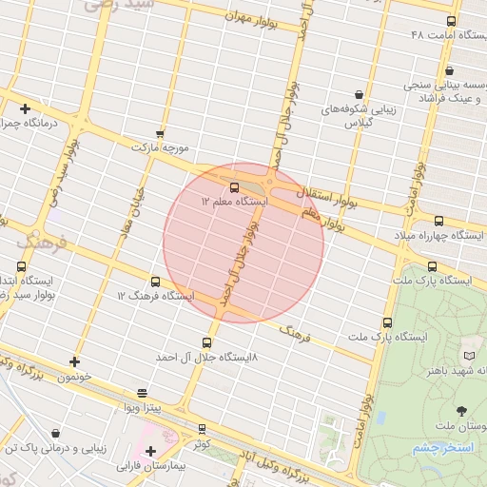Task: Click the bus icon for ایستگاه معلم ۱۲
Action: (x=235, y=187)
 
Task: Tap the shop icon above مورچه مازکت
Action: (x=160, y=134)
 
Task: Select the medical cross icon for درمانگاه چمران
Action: (x=25, y=108)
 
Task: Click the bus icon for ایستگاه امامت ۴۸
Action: (x=451, y=21)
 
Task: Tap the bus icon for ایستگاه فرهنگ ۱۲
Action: (x=155, y=282)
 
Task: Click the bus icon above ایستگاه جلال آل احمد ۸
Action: (x=207, y=342)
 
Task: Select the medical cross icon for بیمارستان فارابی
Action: (x=150, y=451)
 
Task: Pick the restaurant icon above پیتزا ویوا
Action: (x=142, y=392)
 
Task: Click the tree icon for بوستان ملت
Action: (x=461, y=411)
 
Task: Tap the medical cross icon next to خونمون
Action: (x=75, y=361)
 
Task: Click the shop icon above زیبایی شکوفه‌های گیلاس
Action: (x=358, y=95)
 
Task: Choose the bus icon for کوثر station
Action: (x=201, y=429)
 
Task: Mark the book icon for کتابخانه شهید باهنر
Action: (x=467, y=355)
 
